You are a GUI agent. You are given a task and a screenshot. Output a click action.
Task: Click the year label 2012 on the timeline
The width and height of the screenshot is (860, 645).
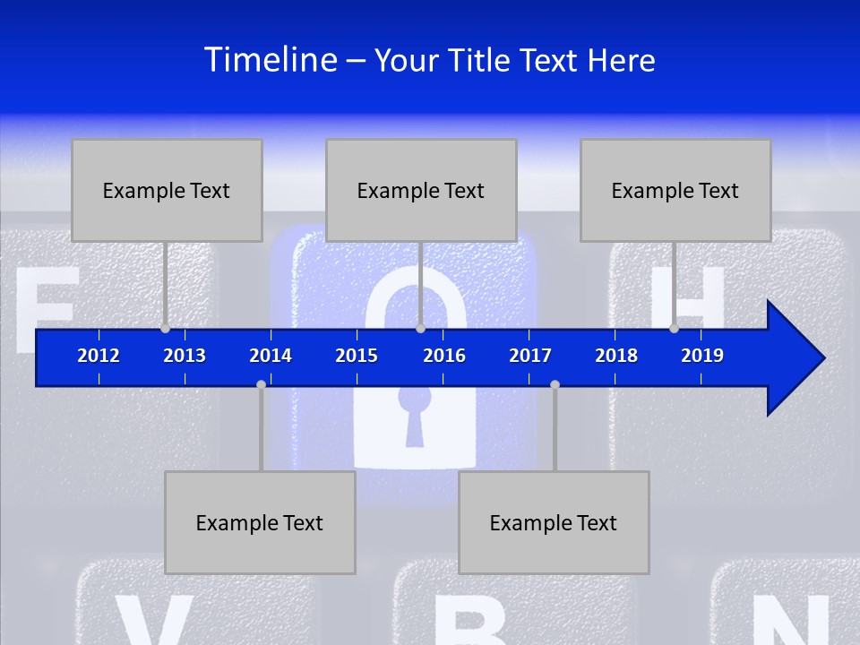point(99,356)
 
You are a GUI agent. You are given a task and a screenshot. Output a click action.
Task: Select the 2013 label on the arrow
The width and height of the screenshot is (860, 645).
point(185,356)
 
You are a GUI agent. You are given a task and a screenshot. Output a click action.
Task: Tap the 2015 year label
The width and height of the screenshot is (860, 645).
point(357,356)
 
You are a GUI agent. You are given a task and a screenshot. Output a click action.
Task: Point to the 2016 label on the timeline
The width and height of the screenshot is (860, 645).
point(444,356)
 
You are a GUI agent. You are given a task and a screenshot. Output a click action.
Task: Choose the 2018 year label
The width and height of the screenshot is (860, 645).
point(616,356)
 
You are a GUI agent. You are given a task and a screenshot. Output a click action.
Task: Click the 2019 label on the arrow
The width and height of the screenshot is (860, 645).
point(702,356)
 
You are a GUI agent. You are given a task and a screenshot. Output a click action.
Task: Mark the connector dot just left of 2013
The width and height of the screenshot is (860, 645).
point(166,329)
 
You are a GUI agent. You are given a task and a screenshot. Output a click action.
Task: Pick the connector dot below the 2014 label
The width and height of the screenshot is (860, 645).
point(261,384)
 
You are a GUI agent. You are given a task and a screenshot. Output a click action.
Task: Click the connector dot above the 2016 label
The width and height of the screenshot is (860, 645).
point(420,329)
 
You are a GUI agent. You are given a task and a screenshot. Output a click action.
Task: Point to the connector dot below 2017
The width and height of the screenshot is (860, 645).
point(555,384)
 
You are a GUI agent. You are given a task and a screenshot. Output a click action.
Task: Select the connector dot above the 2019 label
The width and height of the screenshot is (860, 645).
point(674,329)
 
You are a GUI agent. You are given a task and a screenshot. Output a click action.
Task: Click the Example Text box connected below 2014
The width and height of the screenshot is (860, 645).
point(260,522)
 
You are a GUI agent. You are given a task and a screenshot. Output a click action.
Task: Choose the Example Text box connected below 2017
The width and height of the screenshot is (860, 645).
point(554,522)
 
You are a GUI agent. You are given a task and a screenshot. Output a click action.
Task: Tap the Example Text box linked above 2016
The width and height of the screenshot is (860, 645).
point(421,190)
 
